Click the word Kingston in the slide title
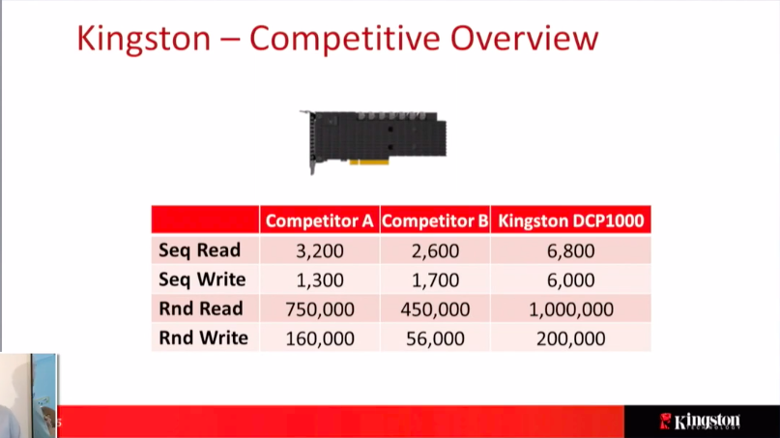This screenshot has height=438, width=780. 144,39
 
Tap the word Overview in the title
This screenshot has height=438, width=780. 524,38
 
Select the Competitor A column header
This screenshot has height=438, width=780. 319,221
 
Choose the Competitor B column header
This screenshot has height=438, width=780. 435,221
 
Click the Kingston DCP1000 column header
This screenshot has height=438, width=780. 571,221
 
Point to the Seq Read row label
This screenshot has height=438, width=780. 199,250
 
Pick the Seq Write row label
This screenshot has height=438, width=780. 202,279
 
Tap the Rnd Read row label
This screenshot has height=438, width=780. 201,308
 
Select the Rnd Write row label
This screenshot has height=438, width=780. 203,338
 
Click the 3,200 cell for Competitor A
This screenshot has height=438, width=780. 320,250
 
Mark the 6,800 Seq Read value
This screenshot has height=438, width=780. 570,250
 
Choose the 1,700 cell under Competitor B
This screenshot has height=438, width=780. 435,280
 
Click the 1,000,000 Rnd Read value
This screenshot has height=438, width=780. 571,309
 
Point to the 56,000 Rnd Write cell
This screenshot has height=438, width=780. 435,339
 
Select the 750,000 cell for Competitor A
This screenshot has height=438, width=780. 320,309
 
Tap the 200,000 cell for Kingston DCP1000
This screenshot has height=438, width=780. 571,339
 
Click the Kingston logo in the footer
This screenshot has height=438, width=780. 700,421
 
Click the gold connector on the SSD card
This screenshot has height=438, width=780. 368,161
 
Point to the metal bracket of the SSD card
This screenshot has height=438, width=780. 311,142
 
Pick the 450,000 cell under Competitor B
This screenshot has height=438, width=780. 435,309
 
